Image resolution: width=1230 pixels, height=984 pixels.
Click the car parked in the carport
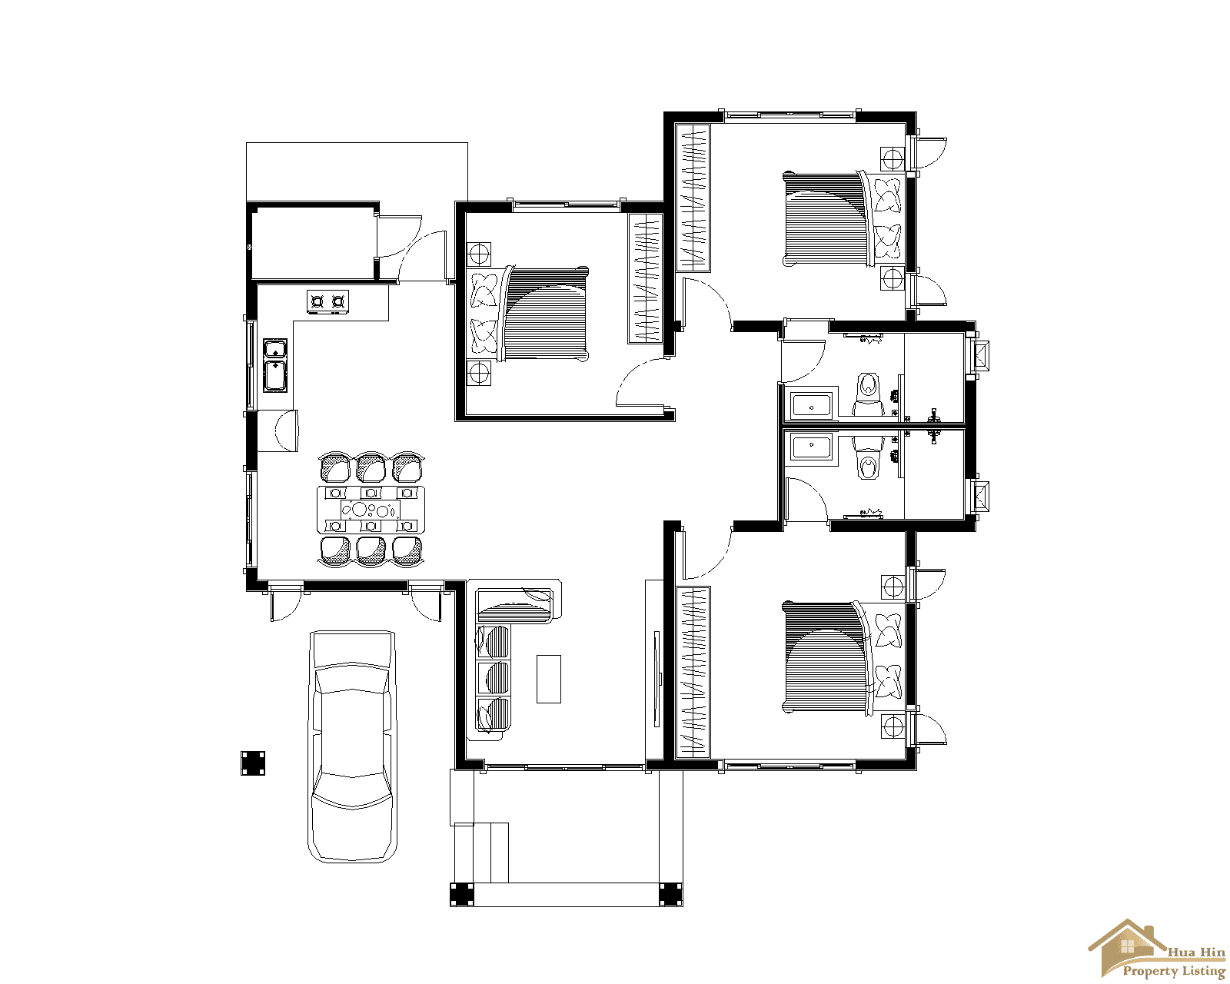click(352, 746)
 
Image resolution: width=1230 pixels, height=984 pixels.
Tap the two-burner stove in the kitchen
click(327, 301)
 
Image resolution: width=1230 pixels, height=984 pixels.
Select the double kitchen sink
click(275, 365)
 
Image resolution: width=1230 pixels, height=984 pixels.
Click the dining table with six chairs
click(371, 509)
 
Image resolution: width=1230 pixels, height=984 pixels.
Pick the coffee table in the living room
click(548, 678)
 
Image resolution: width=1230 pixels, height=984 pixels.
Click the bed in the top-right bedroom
click(826, 219)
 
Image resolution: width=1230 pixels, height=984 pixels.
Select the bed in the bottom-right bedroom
click(826, 657)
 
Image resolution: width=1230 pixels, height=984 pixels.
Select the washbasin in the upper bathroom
click(811, 404)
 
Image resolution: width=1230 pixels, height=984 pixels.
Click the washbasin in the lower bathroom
click(811, 448)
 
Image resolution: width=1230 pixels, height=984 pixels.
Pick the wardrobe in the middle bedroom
click(645, 278)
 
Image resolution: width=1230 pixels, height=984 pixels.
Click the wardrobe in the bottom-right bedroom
click(693, 672)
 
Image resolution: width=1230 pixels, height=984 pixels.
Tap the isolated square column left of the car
click(253, 763)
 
